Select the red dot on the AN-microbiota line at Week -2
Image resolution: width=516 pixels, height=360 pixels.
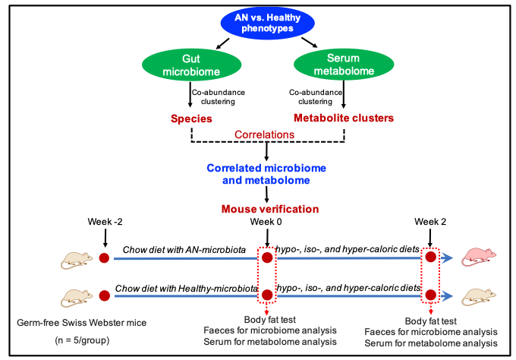(x=104, y=258)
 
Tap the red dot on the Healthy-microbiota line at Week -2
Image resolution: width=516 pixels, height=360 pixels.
(x=104, y=295)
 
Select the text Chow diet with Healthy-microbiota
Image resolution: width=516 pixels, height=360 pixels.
(x=186, y=287)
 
